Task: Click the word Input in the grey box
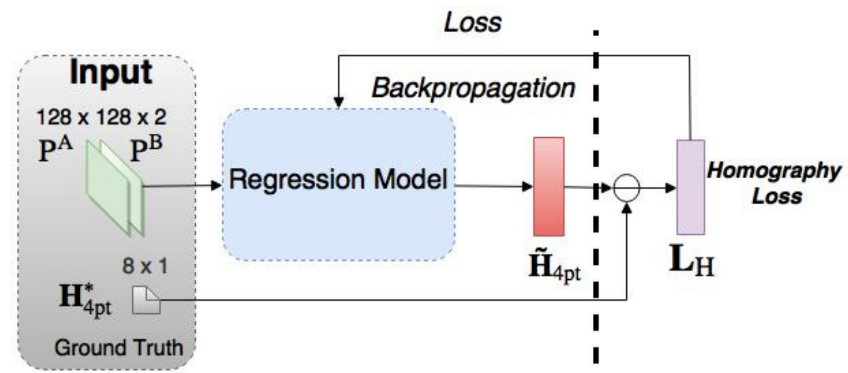(x=111, y=72)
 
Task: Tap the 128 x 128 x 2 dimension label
(x=101, y=117)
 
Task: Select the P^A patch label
(x=55, y=150)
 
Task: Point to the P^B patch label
(x=145, y=151)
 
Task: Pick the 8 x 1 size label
(x=145, y=266)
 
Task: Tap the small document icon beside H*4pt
(x=146, y=301)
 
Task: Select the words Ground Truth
(x=119, y=347)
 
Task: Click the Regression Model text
(x=338, y=180)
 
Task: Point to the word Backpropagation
(x=473, y=88)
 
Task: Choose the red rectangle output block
(x=548, y=186)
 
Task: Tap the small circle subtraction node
(x=626, y=188)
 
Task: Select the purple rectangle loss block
(x=691, y=187)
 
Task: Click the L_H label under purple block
(x=692, y=262)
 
